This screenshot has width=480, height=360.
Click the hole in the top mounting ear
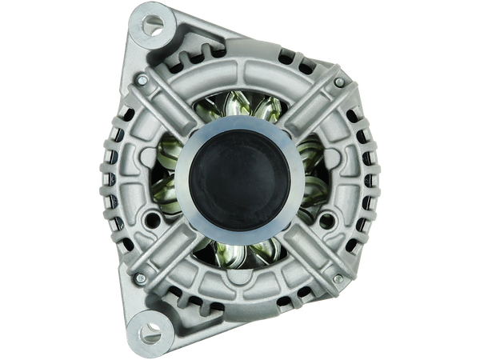click(x=149, y=25)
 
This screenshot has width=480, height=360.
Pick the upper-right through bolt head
click(x=340, y=82)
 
